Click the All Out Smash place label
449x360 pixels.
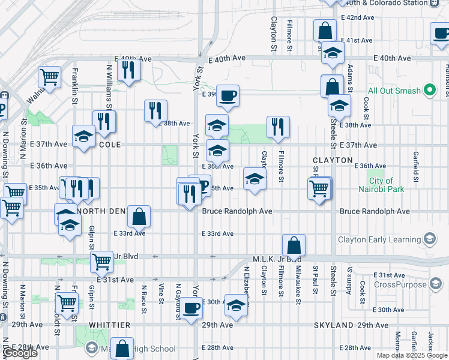coord(394,91)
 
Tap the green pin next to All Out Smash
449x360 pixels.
coord(429,91)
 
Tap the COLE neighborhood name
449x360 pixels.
coord(110,145)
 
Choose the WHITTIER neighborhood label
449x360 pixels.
coord(110,325)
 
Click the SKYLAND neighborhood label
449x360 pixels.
coord(333,325)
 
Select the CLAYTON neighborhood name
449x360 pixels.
coord(333,160)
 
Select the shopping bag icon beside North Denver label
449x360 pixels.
coord(139,216)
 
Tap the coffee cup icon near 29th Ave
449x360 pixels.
coord(191,308)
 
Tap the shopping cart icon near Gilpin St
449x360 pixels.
coord(101,261)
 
